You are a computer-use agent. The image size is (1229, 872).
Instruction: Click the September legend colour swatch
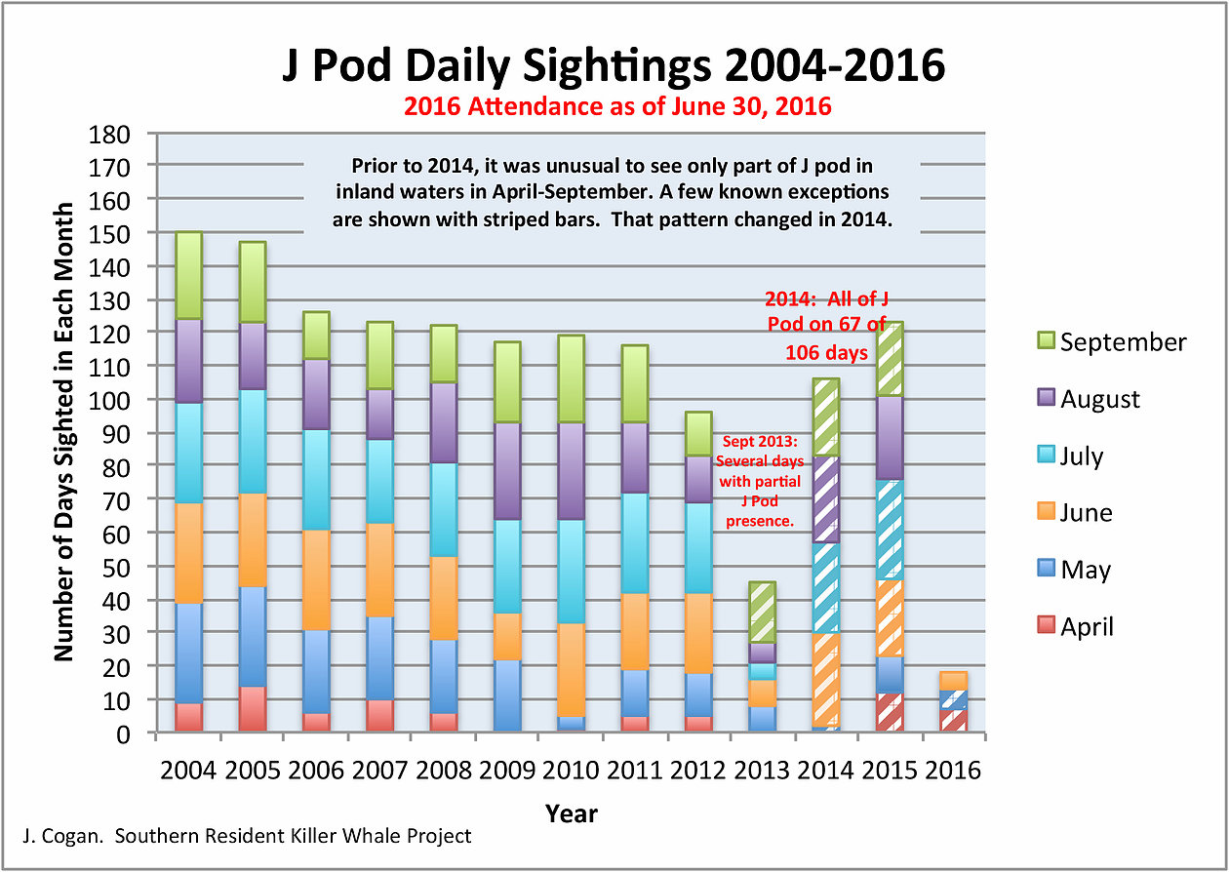pyautogui.click(x=1043, y=341)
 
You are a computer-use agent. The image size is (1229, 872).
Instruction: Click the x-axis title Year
pyautogui.click(x=571, y=813)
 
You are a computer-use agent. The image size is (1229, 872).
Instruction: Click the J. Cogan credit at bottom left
pyautogui.click(x=246, y=836)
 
